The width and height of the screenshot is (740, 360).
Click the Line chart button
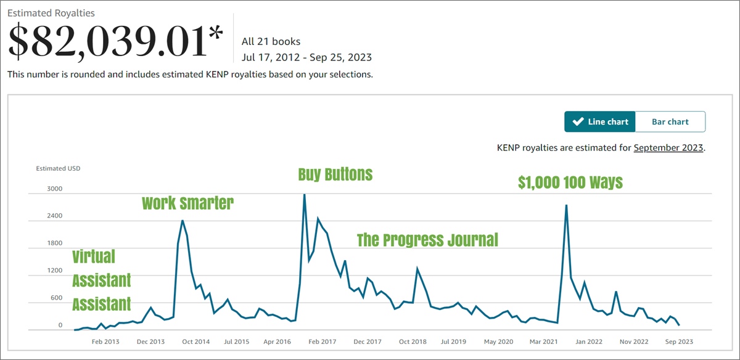pos(600,121)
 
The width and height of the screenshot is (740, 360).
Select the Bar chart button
pos(670,121)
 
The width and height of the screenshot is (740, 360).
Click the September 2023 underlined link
pos(668,148)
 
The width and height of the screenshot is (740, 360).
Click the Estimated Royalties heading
pos(51,12)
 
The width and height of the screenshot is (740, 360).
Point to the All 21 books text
pos(271,42)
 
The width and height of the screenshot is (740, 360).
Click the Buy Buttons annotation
pos(335,174)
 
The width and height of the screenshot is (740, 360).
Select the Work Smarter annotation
pos(187,203)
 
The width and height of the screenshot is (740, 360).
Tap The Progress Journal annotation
pos(427,240)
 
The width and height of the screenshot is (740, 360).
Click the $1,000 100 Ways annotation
pos(570,182)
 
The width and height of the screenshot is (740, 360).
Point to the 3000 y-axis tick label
pos(54,189)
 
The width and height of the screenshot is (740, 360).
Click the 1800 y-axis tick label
pos(54,243)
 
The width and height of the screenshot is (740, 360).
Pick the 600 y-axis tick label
pos(56,298)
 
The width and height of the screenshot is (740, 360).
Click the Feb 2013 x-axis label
pos(105,341)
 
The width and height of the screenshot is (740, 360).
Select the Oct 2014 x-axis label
pos(196,341)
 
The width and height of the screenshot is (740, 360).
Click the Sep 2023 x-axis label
pos(678,341)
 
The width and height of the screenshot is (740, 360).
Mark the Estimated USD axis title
pos(58,168)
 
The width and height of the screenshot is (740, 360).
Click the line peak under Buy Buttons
pos(304,195)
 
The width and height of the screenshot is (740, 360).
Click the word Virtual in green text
pos(94,256)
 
